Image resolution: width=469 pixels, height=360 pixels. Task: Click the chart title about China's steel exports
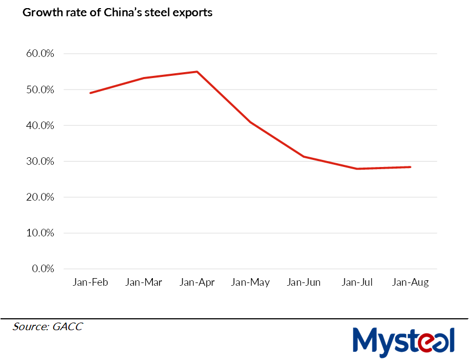click(117, 12)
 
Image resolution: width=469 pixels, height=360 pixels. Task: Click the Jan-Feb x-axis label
click(90, 282)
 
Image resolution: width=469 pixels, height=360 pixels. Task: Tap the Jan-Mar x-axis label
click(144, 282)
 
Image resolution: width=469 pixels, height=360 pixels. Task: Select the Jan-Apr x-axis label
click(197, 282)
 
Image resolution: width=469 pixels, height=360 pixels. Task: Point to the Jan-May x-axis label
click(250, 282)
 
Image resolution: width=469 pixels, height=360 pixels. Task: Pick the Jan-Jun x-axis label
click(304, 282)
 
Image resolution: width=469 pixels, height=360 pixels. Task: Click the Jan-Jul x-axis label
click(357, 282)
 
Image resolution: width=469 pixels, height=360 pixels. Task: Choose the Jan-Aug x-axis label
click(410, 282)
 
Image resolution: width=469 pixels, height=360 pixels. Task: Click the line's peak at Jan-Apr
click(197, 72)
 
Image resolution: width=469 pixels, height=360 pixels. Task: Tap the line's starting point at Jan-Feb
click(90, 93)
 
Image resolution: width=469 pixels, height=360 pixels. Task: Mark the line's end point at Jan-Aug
click(410, 167)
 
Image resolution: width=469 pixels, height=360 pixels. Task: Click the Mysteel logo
click(403, 341)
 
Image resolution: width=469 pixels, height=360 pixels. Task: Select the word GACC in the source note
click(68, 326)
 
